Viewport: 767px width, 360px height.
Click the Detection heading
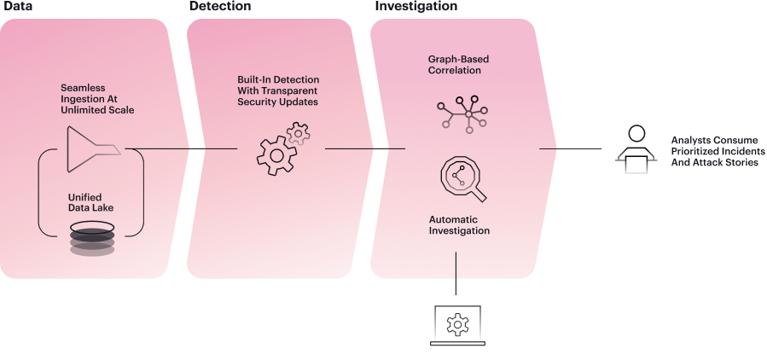219,5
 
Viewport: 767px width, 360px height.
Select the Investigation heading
415,5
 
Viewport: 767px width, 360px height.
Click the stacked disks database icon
91,240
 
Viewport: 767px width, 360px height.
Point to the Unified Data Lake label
91,201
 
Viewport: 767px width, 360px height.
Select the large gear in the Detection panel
275,155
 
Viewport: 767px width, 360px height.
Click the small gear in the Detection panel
298,133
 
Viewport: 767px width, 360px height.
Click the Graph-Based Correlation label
455,65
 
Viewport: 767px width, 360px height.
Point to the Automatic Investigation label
458,224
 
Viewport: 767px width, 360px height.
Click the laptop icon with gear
458,325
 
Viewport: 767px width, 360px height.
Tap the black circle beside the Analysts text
636,134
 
